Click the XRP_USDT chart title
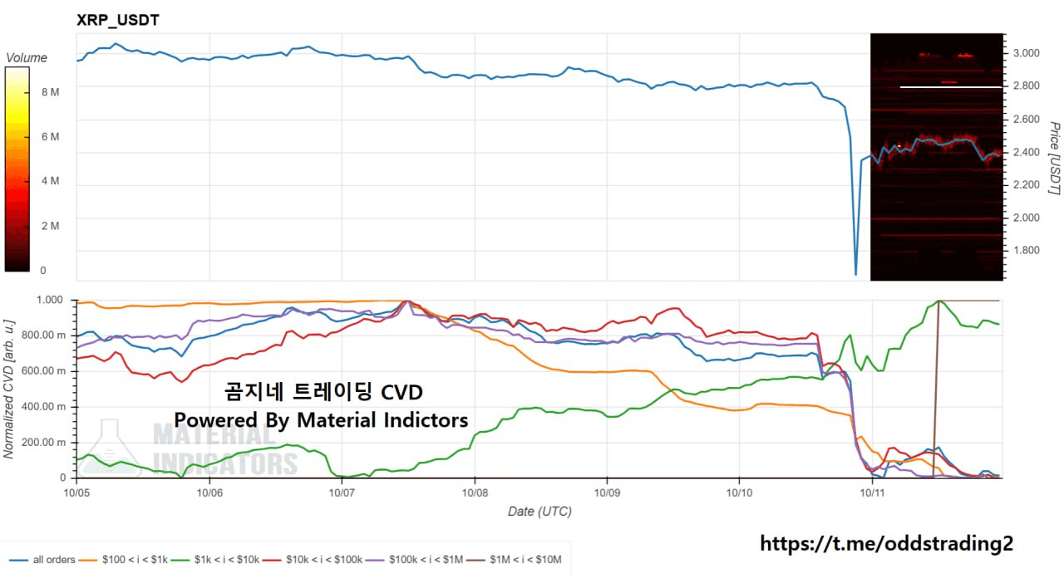coord(117,20)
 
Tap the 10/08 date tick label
coord(475,492)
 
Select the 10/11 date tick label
coord(871,492)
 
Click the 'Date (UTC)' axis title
coord(539,512)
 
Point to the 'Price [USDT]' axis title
coord(1053,158)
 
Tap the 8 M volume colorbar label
coord(50,92)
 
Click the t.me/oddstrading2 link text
coord(886,544)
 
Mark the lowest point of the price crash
coord(855,273)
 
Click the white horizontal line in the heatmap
coord(951,86)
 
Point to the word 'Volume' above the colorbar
coord(27,58)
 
